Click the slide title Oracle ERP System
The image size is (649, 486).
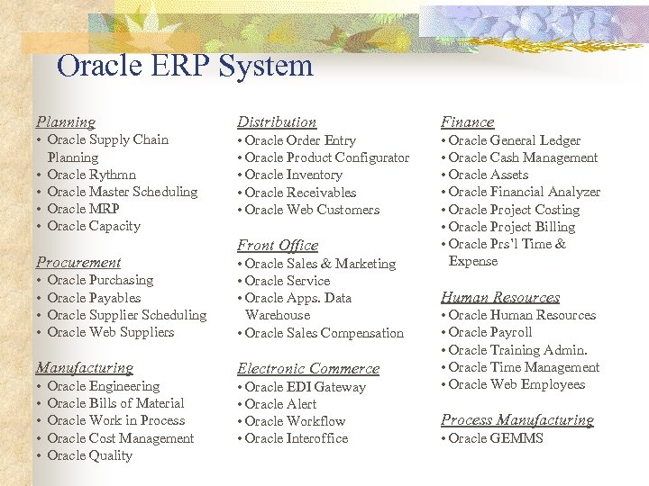coord(184,66)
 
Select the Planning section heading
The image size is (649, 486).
coord(65,121)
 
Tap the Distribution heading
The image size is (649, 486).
coord(277,121)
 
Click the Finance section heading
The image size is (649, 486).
coord(467,121)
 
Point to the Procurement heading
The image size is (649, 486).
coord(78,262)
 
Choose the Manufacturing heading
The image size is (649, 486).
coord(84,367)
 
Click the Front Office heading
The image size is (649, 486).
coord(278,245)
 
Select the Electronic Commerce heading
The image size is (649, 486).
coord(308,368)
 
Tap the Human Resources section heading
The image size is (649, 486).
coord(500,297)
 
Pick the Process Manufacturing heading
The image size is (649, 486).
coord(517,419)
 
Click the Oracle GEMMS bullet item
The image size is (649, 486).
coord(496,438)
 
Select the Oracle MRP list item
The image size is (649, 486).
coord(83,209)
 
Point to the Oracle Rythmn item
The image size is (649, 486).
coord(91,175)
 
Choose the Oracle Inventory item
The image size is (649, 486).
coord(293,175)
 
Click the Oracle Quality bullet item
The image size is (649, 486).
coord(89,455)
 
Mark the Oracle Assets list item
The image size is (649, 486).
coord(488,175)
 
